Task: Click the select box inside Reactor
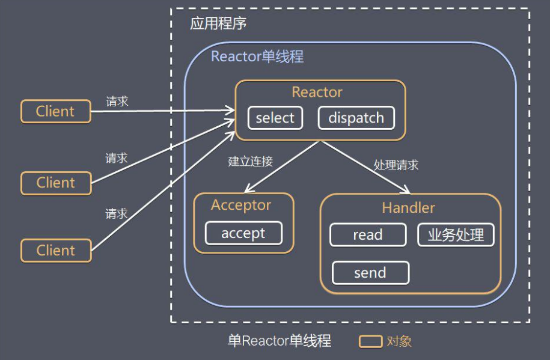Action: pos(275,118)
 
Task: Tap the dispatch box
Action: pos(356,118)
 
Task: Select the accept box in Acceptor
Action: pos(243,233)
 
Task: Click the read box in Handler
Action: pos(368,235)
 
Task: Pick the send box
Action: pos(370,273)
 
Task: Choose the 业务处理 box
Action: pos(456,235)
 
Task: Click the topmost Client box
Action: pos(56,111)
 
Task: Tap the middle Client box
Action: pos(56,183)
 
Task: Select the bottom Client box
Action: pos(56,250)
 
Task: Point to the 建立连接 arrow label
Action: pos(251,161)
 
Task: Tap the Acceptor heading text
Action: pos(241,205)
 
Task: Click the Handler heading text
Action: pos(409,208)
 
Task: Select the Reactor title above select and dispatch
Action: pos(317,92)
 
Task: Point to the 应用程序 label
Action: pos(218,24)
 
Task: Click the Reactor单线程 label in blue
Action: pos(257,57)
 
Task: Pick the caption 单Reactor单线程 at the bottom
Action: pos(280,341)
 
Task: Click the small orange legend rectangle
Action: pos(371,341)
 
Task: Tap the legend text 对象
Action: pos(399,341)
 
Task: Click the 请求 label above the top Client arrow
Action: pos(117,101)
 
